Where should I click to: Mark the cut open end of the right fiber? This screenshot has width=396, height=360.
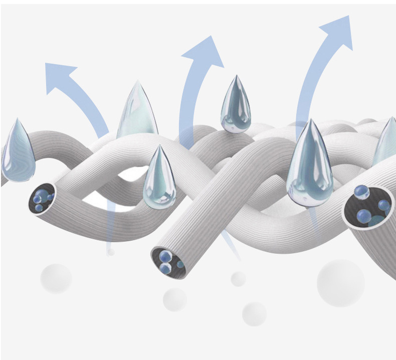click(x=368, y=206)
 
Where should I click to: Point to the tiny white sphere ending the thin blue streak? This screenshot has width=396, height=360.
click(x=111, y=252)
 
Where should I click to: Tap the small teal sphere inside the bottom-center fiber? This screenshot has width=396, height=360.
click(x=179, y=264)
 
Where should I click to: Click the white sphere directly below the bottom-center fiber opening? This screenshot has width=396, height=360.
click(x=175, y=299)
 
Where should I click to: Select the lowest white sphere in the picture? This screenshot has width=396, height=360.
click(x=254, y=314)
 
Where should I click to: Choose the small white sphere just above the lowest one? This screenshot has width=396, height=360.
click(x=239, y=279)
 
